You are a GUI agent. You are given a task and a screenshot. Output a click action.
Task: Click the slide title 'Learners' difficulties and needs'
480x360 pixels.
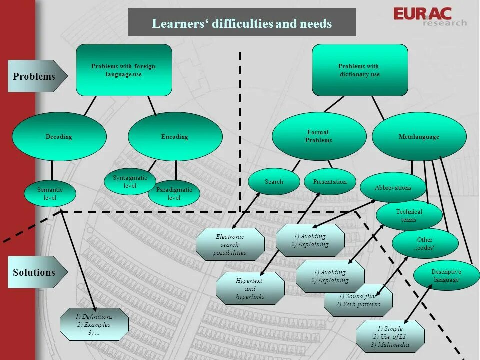tap(242, 23)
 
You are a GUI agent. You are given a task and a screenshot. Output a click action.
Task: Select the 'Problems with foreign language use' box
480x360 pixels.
tap(124, 70)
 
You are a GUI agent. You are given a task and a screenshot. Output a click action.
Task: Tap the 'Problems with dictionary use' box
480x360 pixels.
tap(360, 70)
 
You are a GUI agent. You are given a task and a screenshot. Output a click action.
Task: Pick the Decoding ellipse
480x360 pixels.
tap(59, 136)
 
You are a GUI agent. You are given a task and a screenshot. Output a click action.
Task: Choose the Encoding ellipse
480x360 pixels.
tap(175, 136)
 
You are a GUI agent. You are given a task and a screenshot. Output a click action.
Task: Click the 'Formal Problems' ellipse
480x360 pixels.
tap(319, 136)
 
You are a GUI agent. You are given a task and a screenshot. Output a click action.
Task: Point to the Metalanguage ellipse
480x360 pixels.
tap(419, 136)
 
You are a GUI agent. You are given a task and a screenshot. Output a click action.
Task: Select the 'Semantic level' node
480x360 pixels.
tap(50, 194)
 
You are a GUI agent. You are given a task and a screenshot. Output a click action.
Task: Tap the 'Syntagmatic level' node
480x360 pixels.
tap(130, 182)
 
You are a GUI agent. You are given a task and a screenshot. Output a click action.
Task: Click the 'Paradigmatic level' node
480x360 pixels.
tap(174, 194)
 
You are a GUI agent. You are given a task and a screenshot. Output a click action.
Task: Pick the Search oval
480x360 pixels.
tap(274, 182)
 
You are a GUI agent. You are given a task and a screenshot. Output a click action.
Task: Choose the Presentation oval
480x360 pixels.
tap(330, 182)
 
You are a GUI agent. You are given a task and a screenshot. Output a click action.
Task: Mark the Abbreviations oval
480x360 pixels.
tap(393, 188)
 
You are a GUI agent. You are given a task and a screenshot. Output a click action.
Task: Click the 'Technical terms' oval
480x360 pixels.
tap(409, 216)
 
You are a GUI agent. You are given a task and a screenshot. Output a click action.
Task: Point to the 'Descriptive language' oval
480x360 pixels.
tap(446, 276)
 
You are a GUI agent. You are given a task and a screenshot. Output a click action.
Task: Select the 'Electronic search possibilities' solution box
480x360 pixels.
tap(230, 245)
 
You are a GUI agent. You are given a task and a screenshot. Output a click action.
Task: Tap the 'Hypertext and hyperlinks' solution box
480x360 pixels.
tap(250, 289)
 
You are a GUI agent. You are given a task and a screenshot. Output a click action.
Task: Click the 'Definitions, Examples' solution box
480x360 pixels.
tap(94, 324)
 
